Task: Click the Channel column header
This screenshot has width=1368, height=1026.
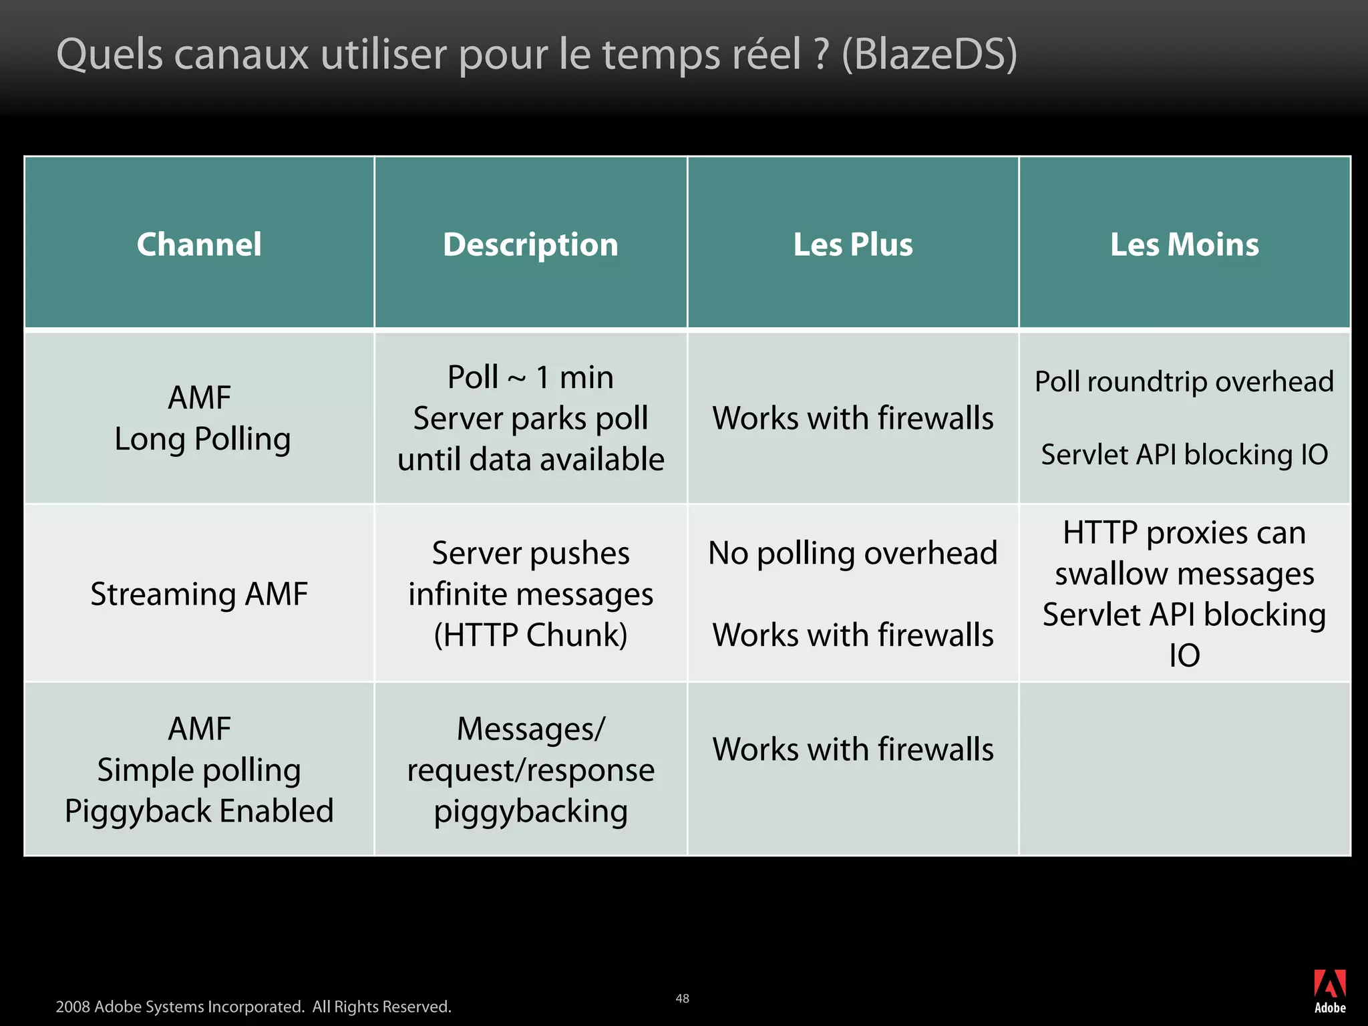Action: coord(199,244)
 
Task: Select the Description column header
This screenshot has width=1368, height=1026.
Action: coord(530,244)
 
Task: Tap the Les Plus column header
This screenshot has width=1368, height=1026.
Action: coord(853,244)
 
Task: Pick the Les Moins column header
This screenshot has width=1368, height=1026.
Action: coord(1184,244)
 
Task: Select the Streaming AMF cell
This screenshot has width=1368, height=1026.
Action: coord(199,594)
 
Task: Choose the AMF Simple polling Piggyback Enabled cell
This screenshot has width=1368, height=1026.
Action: coord(199,769)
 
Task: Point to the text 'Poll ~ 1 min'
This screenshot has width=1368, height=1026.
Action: coord(530,377)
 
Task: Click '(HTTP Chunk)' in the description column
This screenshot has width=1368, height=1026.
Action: coord(530,635)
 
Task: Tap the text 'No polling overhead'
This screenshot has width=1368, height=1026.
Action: coord(853,553)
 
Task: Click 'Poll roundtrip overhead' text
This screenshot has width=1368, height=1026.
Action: coord(1184,382)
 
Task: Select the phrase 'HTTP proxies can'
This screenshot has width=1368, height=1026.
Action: coord(1184,533)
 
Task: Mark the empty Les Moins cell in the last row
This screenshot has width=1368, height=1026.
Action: coord(1184,769)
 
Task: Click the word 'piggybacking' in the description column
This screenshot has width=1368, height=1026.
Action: coord(530,812)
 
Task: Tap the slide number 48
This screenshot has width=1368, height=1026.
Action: coord(682,998)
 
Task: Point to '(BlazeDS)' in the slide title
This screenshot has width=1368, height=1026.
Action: coord(929,54)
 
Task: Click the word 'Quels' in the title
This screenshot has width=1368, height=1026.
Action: coord(110,54)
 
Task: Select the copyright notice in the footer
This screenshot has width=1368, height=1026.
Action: coord(253,1007)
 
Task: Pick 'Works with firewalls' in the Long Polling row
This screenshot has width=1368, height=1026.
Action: coord(853,418)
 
